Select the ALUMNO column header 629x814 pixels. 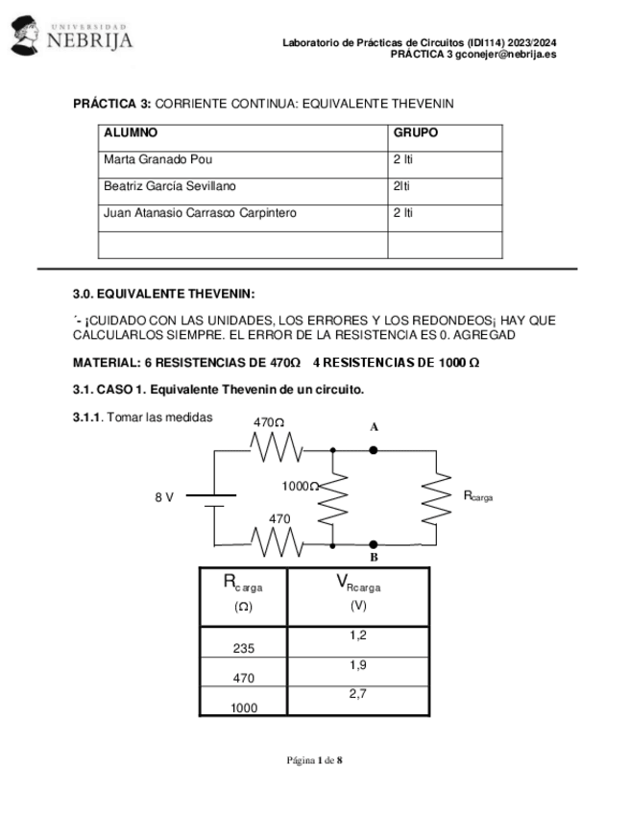pyautogui.click(x=131, y=133)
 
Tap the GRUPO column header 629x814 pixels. pyautogui.click(x=416, y=133)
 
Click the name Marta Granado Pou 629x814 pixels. pyautogui.click(x=157, y=159)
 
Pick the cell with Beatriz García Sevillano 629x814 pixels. pyautogui.click(x=169, y=186)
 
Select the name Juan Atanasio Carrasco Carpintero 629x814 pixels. pyautogui.click(x=200, y=213)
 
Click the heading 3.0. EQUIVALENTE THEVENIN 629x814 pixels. pyautogui.click(x=164, y=294)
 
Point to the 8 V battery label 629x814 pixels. pyautogui.click(x=164, y=497)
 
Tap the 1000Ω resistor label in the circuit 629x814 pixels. pyautogui.click(x=300, y=487)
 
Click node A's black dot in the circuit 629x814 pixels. pyautogui.click(x=374, y=449)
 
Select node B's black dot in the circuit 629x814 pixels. pyautogui.click(x=374, y=544)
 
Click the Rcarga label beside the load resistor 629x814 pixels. pyautogui.click(x=477, y=495)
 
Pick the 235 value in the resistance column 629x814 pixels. pyautogui.click(x=244, y=649)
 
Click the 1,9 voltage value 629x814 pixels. pyautogui.click(x=358, y=664)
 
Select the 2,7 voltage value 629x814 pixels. pyautogui.click(x=358, y=693)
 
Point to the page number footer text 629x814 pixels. pyautogui.click(x=315, y=761)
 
